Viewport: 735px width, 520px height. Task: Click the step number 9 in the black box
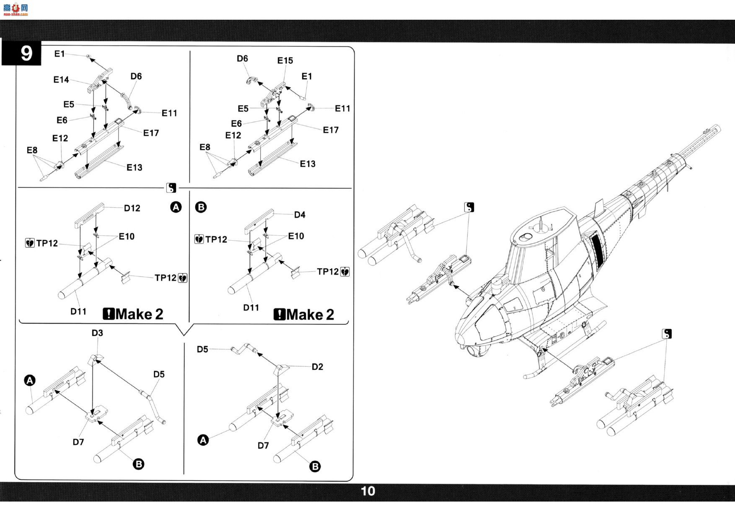[26, 53]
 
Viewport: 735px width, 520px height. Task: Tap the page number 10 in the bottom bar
[368, 491]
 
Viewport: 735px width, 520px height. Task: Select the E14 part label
[61, 80]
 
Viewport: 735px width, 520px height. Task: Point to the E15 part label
[285, 61]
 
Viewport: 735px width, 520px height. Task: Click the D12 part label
[132, 208]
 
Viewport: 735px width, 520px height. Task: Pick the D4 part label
[300, 215]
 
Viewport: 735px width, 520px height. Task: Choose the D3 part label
[97, 333]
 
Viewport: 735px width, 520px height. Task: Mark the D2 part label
[317, 367]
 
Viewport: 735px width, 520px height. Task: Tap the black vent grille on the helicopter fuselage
[597, 251]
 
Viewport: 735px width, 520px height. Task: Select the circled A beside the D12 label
[176, 207]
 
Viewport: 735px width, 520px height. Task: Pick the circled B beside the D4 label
[201, 207]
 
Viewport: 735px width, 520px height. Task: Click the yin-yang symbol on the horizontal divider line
[171, 188]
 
